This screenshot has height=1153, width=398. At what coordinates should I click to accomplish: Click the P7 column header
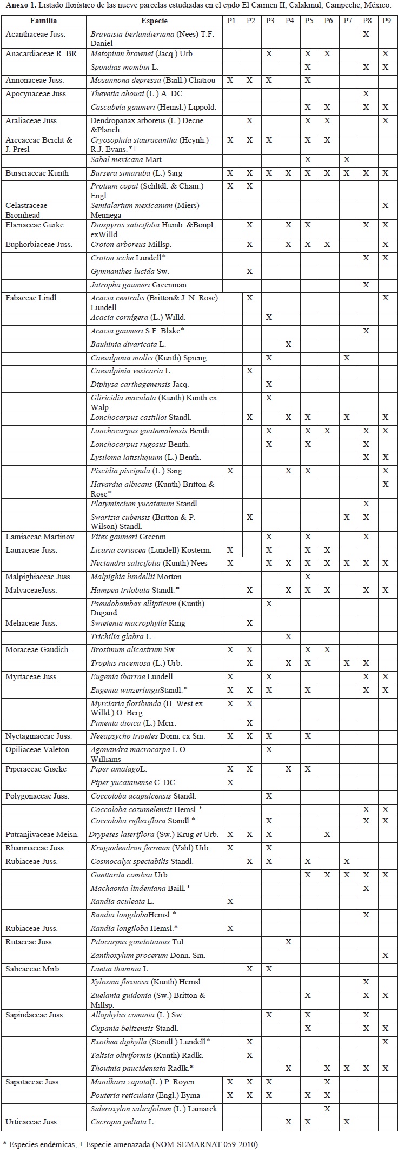[x=347, y=21]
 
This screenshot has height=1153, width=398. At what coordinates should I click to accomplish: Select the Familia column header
[x=43, y=21]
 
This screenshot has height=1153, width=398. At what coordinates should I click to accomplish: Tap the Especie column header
[x=154, y=21]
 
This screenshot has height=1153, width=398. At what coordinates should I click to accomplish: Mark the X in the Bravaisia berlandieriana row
[x=366, y=34]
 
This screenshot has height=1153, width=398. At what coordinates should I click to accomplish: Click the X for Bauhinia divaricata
[x=288, y=344]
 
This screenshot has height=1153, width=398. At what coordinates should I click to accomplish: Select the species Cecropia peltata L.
[x=123, y=1122]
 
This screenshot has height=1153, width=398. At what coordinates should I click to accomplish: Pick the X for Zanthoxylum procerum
[x=385, y=955]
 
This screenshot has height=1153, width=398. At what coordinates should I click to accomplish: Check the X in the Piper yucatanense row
[x=230, y=782]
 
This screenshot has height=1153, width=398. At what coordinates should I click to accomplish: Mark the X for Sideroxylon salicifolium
[x=327, y=1109]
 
